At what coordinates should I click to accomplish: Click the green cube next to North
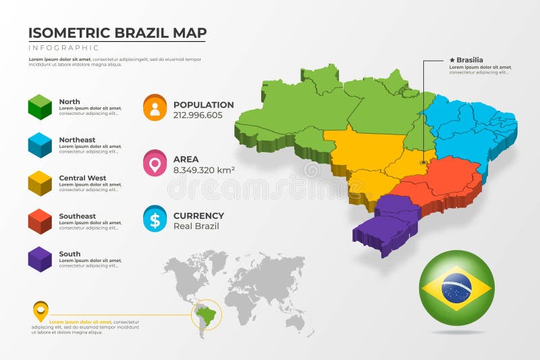tap(40, 107)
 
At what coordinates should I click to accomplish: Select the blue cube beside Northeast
tap(40, 145)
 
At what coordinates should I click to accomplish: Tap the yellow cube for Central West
tap(40, 183)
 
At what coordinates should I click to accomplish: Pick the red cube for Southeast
tap(40, 221)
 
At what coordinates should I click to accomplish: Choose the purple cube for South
tap(40, 259)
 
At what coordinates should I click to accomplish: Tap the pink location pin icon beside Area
tap(155, 163)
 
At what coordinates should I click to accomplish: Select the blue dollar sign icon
tap(155, 219)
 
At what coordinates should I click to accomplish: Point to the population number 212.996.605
tap(198, 115)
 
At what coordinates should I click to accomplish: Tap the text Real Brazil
tap(196, 226)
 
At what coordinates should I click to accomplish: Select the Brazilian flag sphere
tap(456, 288)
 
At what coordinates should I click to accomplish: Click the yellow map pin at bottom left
tap(40, 311)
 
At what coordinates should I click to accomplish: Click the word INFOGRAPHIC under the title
tap(63, 48)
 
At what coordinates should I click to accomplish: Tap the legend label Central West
tap(82, 178)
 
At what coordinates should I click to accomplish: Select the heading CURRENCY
tap(198, 216)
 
